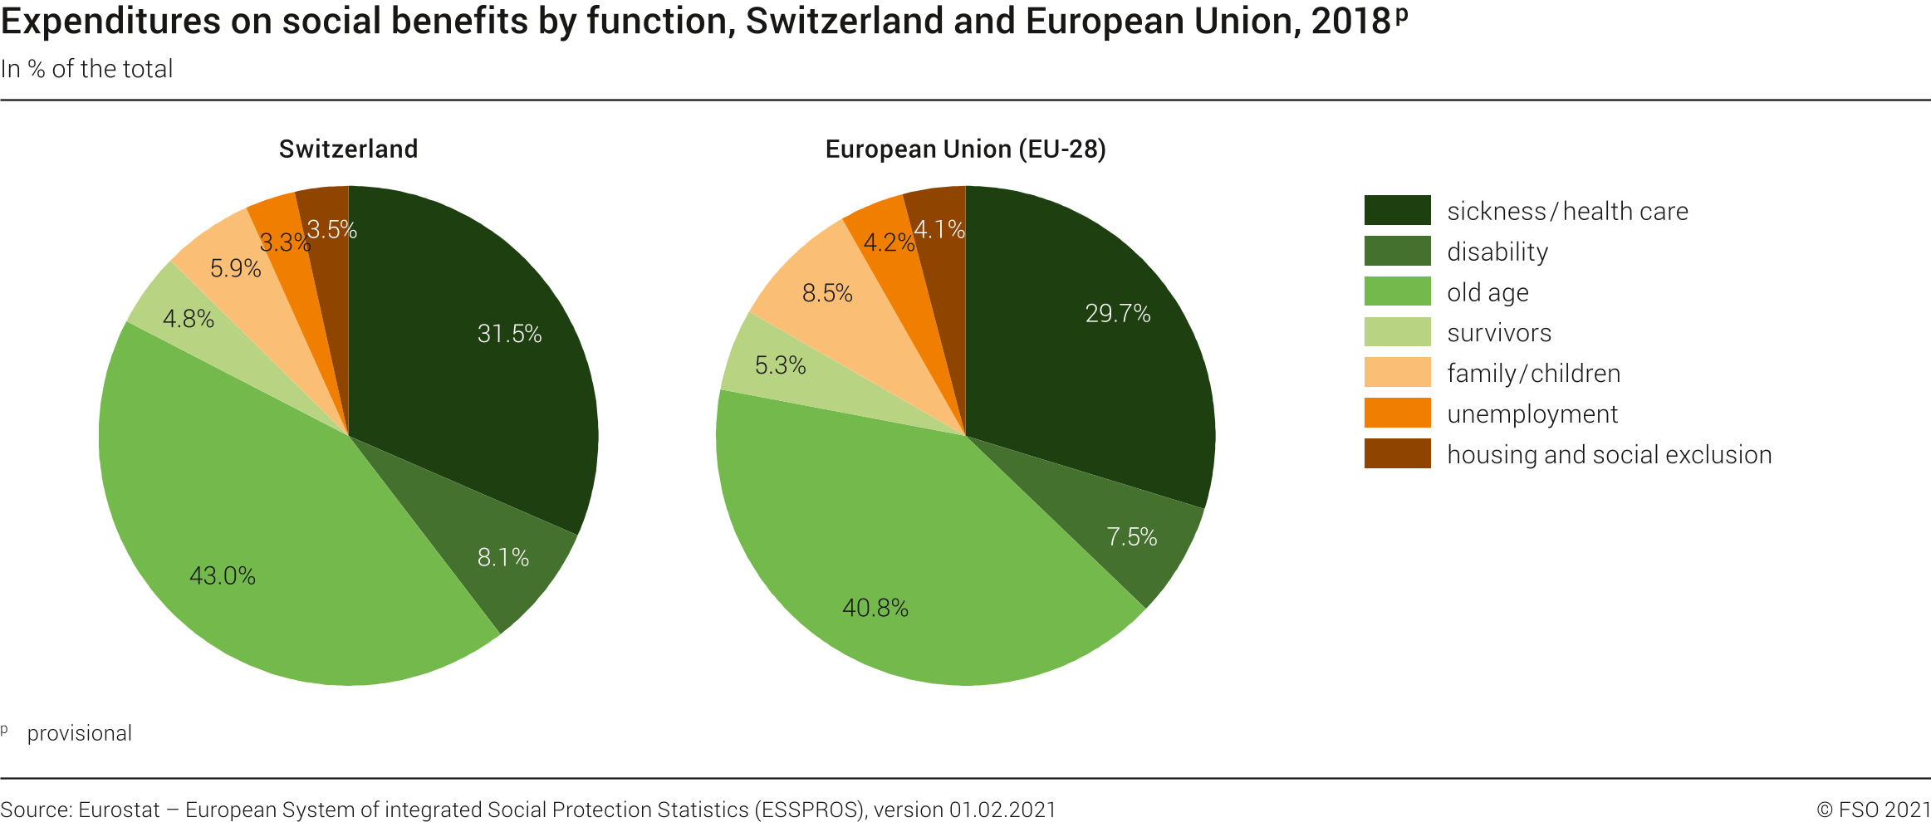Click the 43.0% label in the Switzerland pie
coord(223,575)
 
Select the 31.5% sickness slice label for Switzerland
coord(509,334)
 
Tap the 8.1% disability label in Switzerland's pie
coord(502,557)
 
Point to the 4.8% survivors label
coord(189,319)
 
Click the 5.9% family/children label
coord(235,268)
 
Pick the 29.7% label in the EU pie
coord(1118,313)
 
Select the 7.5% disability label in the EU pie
coord(1131,536)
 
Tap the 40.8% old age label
coord(875,608)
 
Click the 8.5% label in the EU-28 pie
coord(827,293)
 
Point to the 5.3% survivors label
coord(780,365)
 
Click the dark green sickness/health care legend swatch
coord(1397,210)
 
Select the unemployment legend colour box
coord(1397,413)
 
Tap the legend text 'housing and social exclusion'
coord(1609,454)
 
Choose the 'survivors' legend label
coord(1499,333)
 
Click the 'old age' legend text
coord(1487,292)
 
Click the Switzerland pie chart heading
coord(348,149)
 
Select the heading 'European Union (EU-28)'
coord(965,149)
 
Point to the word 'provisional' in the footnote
coord(80,733)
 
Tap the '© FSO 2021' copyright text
coord(1873,810)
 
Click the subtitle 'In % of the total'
coord(87,69)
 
